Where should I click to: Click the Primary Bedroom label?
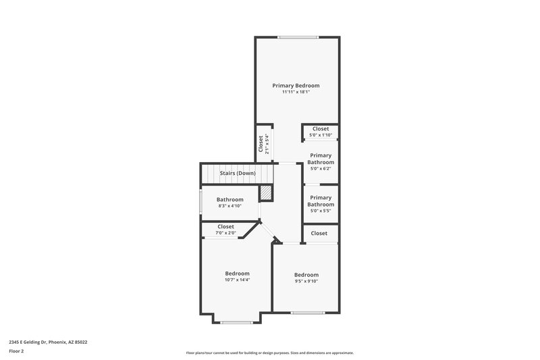(x=296, y=86)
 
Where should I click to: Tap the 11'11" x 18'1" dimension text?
(x=296, y=93)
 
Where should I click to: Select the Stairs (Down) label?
(x=237, y=174)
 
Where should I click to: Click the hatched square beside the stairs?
(x=267, y=192)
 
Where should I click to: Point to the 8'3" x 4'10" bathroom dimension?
(x=230, y=206)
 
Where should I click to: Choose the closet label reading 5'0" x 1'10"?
(x=321, y=135)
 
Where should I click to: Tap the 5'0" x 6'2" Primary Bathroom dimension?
(x=321, y=169)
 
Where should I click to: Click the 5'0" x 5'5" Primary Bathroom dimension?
(x=321, y=211)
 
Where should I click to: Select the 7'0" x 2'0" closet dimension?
(x=225, y=233)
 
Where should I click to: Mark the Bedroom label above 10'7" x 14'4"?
(x=237, y=273)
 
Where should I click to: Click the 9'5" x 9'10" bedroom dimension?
(x=306, y=282)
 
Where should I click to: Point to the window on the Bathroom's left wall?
(x=200, y=203)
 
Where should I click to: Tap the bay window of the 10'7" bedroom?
(x=236, y=322)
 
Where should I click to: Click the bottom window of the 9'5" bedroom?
(x=306, y=312)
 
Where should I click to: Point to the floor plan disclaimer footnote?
(x=269, y=353)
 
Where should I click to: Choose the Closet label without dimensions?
(x=319, y=233)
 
